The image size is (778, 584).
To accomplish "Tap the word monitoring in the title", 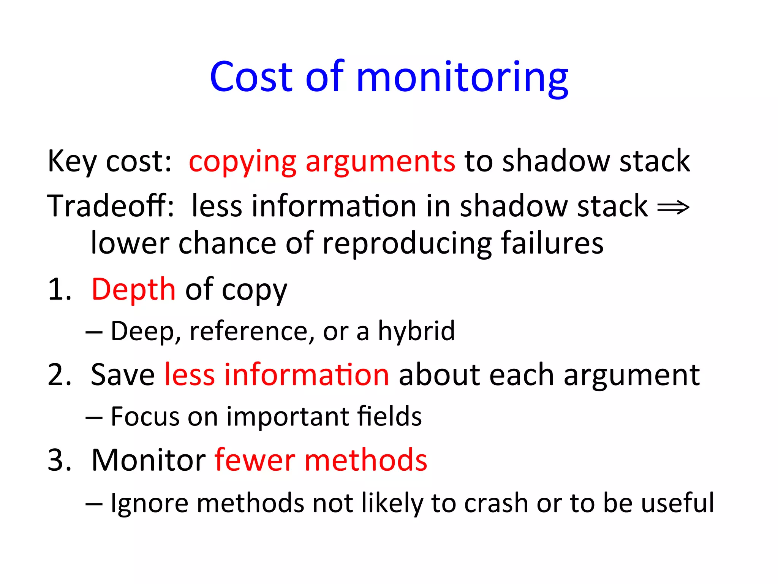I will pyautogui.click(x=462, y=78).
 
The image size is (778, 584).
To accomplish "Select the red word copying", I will pyautogui.click(x=242, y=162).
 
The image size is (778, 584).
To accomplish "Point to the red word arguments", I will pyautogui.click(x=380, y=162).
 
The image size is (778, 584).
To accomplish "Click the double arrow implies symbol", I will pyautogui.click(x=673, y=207).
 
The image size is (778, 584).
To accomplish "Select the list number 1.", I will pyautogui.click(x=60, y=289).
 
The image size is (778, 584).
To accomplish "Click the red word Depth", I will pyautogui.click(x=133, y=289).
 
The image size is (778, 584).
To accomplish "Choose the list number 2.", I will pyautogui.click(x=60, y=375).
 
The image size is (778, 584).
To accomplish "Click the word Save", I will pyautogui.click(x=123, y=375).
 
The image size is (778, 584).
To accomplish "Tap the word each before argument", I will pyautogui.click(x=522, y=375).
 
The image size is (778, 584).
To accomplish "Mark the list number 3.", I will pyautogui.click(x=60, y=460).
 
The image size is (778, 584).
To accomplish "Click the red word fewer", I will pyautogui.click(x=255, y=460).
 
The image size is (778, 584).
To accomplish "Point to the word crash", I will pyautogui.click(x=496, y=503).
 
